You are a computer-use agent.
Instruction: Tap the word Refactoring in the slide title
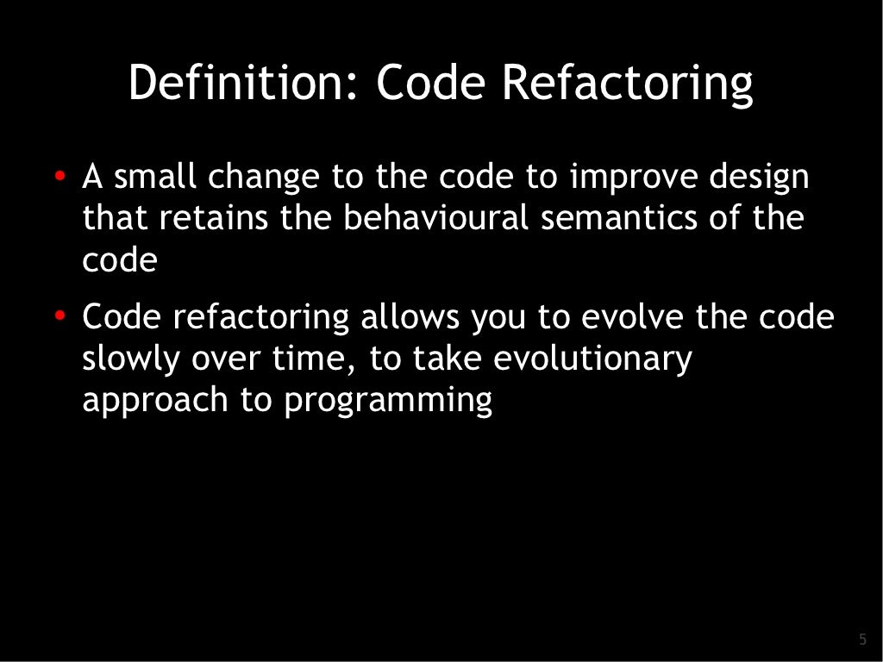[627, 84]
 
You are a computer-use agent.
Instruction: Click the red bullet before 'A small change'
[59, 177]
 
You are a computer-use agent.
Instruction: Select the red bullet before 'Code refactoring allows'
[59, 317]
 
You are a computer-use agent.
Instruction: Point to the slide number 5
[862, 639]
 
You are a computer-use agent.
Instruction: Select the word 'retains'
[215, 218]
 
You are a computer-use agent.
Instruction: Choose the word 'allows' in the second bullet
[410, 317]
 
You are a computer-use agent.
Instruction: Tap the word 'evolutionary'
[592, 359]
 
